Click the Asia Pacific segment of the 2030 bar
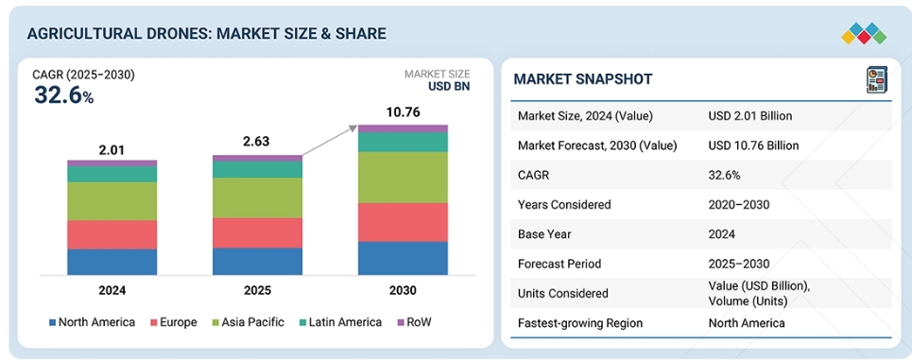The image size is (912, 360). (x=403, y=178)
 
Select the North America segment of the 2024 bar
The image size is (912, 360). (x=112, y=262)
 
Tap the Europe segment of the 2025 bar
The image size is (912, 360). (x=257, y=232)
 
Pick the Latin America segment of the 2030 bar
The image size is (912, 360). (x=403, y=143)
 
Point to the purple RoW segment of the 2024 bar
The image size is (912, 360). (x=112, y=163)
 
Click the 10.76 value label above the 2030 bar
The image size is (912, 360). (x=403, y=112)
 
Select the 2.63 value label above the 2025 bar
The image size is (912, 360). (x=257, y=142)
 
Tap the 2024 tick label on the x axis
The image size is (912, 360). (x=112, y=290)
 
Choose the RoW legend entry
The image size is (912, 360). (x=414, y=322)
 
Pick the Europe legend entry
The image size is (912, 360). (x=173, y=322)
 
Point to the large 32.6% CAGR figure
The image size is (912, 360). (x=63, y=95)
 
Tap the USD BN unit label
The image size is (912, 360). (x=449, y=87)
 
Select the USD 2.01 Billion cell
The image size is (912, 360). (x=750, y=115)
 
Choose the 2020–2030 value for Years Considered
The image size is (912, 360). (x=739, y=204)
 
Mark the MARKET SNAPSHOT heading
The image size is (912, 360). (x=583, y=79)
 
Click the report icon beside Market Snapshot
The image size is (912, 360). (x=876, y=79)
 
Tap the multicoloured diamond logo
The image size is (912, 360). (x=865, y=34)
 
